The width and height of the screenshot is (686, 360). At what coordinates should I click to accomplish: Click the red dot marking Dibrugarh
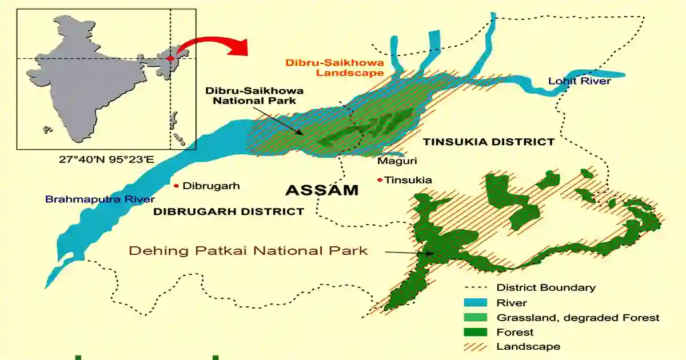[177, 186]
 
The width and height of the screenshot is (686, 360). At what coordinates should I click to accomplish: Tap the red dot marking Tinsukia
[380, 180]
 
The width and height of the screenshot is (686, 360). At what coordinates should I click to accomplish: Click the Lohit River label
[579, 81]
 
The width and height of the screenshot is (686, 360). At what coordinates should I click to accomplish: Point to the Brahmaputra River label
[100, 199]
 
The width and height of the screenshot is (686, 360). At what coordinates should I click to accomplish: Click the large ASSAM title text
[321, 190]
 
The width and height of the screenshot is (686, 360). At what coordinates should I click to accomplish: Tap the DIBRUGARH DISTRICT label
[228, 211]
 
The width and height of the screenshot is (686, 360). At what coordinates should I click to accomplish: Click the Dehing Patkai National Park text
[248, 250]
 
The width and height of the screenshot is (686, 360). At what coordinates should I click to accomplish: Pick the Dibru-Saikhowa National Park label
[254, 95]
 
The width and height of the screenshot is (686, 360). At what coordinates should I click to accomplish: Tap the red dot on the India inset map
[170, 58]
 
